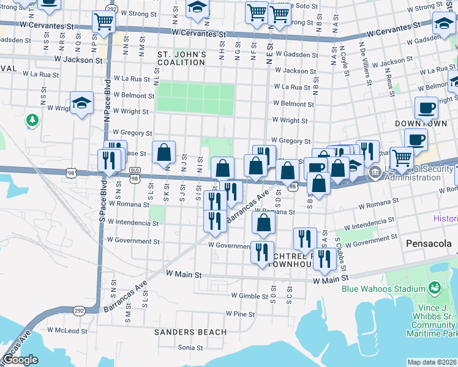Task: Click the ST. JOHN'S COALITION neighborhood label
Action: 182,58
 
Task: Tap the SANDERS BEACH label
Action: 190,332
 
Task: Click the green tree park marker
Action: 32,120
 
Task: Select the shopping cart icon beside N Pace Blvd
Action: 103,22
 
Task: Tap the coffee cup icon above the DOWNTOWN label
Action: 427,108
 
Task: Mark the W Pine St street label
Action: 240,314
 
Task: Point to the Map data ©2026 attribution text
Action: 432,362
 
